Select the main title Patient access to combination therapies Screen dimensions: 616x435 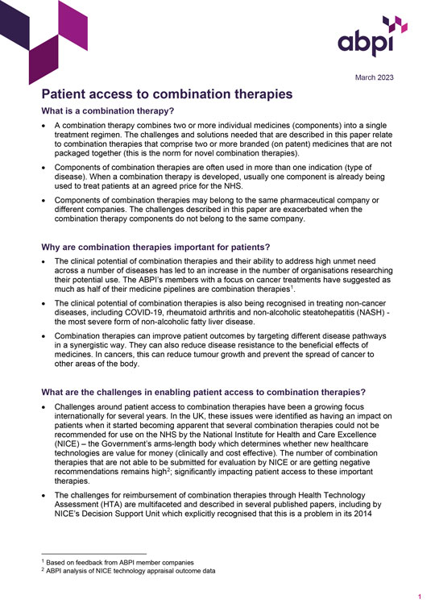click(167, 94)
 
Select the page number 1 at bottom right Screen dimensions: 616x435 click(420, 597)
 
